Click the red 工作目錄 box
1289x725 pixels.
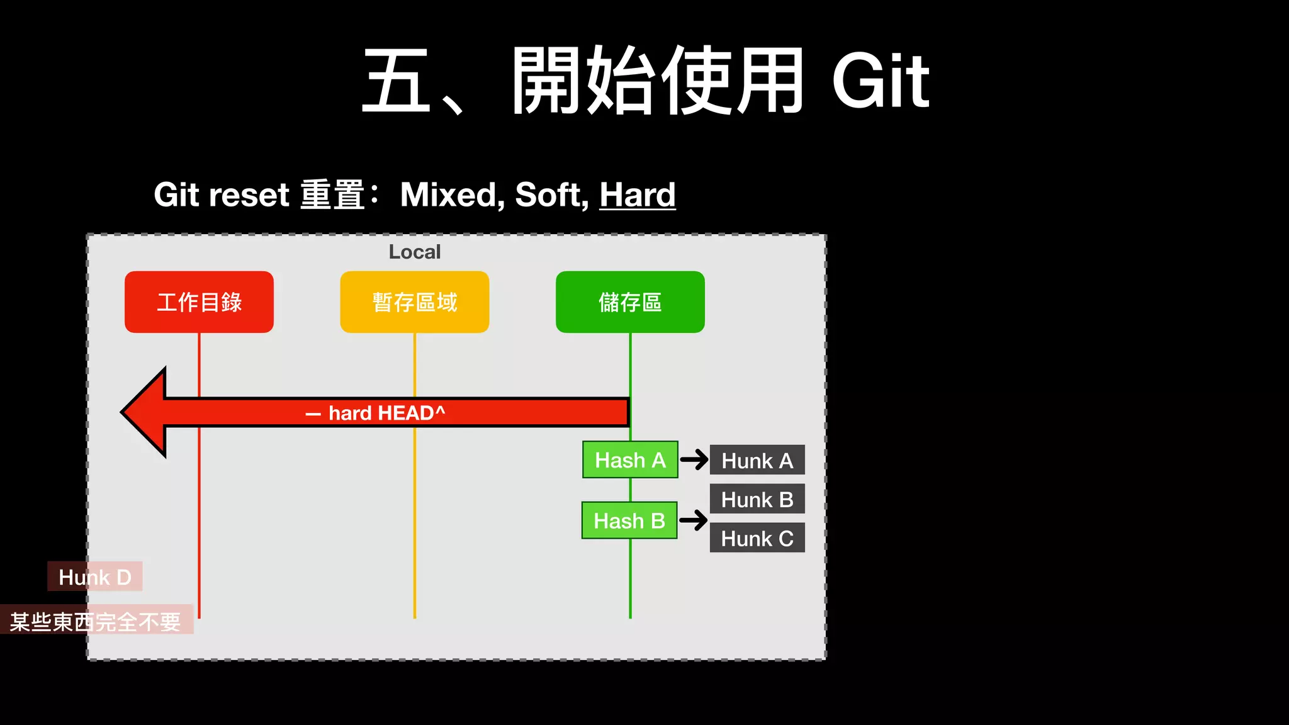coord(199,302)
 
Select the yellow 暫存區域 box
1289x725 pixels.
coord(414,302)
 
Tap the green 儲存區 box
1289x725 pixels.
coord(630,302)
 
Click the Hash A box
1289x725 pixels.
coord(630,460)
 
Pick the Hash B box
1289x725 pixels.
coord(629,520)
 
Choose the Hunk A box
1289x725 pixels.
coord(757,460)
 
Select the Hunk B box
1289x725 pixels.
coord(757,499)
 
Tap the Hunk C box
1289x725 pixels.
coord(757,538)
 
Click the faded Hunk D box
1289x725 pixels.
coord(95,576)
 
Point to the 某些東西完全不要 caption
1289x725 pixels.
coord(96,621)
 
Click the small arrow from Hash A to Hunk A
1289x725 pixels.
coord(694,459)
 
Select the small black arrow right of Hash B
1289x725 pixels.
coord(694,520)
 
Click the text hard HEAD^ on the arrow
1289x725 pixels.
coord(386,413)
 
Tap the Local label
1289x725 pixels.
coord(414,252)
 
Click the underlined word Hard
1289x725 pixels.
coord(637,194)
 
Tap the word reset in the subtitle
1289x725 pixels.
coord(249,194)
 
